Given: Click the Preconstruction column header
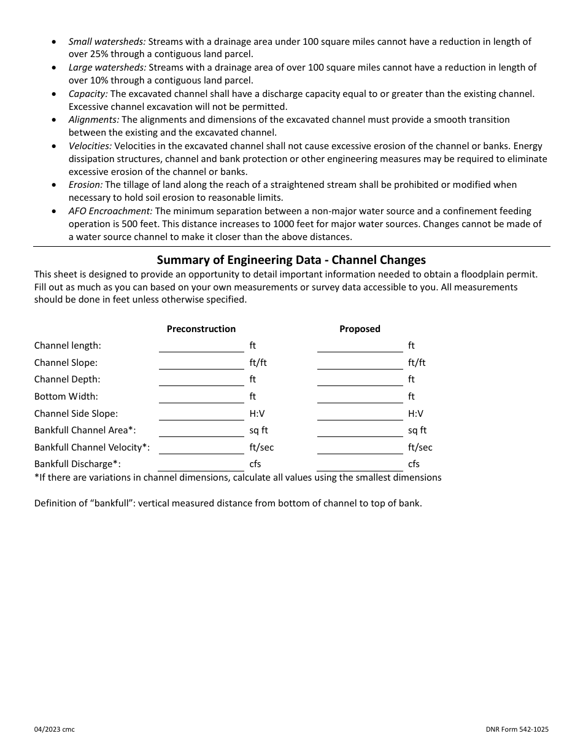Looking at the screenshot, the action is click(201, 329).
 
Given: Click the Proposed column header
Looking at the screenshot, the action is click(360, 329).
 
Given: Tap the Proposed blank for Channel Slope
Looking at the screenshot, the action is click(360, 363).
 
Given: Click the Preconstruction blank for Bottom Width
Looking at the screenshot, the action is click(201, 397).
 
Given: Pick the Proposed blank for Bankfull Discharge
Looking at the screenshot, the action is click(360, 465).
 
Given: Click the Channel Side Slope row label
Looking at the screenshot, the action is click(76, 414).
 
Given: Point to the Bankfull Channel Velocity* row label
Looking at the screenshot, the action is click(92, 447).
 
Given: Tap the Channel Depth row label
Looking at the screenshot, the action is click(67, 380).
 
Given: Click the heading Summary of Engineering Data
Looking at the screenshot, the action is click(291, 260).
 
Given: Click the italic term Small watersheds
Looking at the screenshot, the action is click(107, 42).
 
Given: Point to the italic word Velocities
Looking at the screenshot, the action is click(90, 146).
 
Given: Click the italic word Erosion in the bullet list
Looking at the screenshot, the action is click(85, 185).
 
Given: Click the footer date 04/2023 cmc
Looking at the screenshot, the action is click(55, 729).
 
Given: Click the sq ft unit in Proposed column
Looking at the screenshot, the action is click(417, 431).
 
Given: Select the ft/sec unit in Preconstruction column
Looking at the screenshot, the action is click(261, 447).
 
